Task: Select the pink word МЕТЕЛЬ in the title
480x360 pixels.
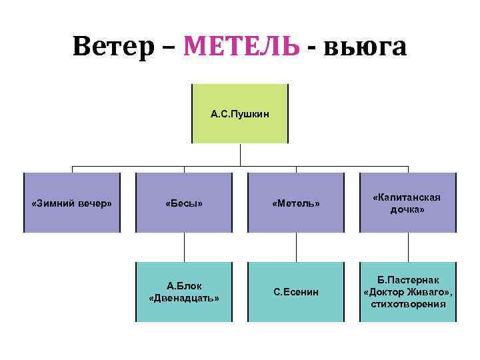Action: coord(241,46)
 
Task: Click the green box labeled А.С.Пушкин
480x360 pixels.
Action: coord(240,114)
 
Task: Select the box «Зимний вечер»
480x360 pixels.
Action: coord(72,203)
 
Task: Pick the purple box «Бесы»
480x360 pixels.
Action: coord(184,203)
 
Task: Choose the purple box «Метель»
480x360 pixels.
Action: coord(296,203)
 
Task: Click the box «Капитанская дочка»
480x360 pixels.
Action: coord(407,203)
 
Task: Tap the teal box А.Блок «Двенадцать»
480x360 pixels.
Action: coord(184,291)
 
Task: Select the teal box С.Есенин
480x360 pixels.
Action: coord(296,291)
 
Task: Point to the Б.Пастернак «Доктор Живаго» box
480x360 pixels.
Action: coord(407,291)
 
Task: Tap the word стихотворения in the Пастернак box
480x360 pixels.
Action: coord(407,305)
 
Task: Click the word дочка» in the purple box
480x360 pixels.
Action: coord(407,209)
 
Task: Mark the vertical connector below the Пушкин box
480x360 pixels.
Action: coord(240,154)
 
